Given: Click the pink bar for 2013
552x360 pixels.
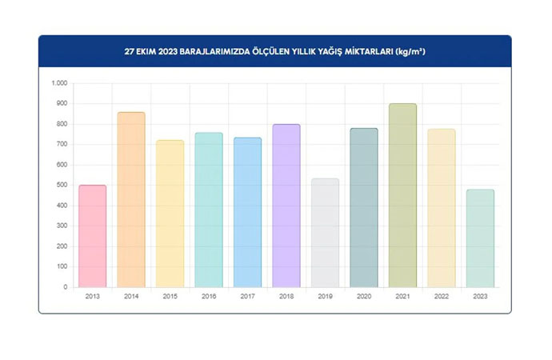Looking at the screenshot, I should (x=93, y=236).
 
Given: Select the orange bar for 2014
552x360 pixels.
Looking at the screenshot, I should (x=131, y=200).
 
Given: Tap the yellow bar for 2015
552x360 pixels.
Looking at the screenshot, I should (x=170, y=214).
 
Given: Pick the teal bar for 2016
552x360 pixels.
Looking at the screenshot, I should (x=209, y=210).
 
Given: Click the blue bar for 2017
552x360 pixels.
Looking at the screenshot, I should (x=247, y=212).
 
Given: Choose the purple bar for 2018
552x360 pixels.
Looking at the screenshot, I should (x=286, y=206).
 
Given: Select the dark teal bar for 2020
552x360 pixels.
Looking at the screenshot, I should (x=364, y=207).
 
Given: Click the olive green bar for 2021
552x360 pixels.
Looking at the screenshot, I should (x=402, y=195).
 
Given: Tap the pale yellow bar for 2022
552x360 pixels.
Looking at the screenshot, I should (x=441, y=208).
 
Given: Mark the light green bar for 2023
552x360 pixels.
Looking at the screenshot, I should (x=480, y=238).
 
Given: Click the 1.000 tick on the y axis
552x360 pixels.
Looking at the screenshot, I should (x=60, y=83).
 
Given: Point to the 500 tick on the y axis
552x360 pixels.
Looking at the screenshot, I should (x=62, y=185).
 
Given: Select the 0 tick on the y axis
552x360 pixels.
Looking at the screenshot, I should (x=66, y=287).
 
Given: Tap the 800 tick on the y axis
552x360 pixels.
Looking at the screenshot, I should (x=62, y=124).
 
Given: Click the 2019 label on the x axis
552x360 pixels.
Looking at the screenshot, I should (x=325, y=296).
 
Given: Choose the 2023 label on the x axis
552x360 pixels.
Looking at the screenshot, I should (x=480, y=296).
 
